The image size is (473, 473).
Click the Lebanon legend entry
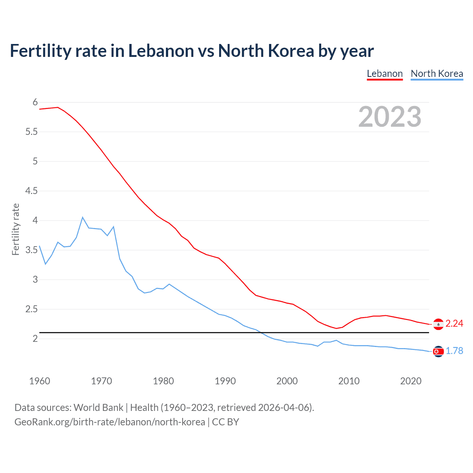[x=385, y=74]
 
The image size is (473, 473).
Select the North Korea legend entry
[x=437, y=74]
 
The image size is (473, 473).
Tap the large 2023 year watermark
[x=390, y=117]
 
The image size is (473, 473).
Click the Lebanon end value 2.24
[x=454, y=324]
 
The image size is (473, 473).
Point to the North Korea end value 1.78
[x=454, y=351]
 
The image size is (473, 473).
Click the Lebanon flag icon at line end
[x=438, y=324]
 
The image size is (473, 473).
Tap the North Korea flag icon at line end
[x=438, y=351]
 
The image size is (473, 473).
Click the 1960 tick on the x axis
[x=40, y=381]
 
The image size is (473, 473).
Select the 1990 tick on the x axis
[x=225, y=381]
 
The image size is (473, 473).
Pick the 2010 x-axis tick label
[x=349, y=381]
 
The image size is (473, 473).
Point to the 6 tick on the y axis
[x=35, y=102]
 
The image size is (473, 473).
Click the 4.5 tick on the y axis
[x=32, y=191]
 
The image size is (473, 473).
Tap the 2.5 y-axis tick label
[x=32, y=309]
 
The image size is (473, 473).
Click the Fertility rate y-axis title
[x=16, y=229]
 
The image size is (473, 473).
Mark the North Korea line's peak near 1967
[x=82, y=217]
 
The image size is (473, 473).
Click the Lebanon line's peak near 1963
[x=58, y=107]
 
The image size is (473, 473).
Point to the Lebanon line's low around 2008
[x=336, y=328]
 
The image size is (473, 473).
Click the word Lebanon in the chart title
[x=161, y=51]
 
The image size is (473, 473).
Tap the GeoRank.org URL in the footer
[x=110, y=422]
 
